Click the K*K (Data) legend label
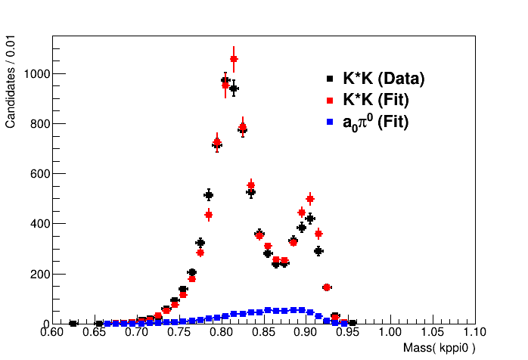[384, 78]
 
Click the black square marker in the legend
[329, 78]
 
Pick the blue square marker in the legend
[329, 121]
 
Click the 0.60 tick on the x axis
[52, 331]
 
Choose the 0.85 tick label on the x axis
[263, 331]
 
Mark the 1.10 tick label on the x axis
[474, 331]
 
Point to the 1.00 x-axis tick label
[390, 331]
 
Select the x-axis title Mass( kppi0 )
[439, 348]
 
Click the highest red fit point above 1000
[234, 58]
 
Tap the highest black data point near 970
[225, 80]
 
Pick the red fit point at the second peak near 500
[309, 199]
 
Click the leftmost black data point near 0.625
[73, 324]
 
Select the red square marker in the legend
[329, 100]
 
